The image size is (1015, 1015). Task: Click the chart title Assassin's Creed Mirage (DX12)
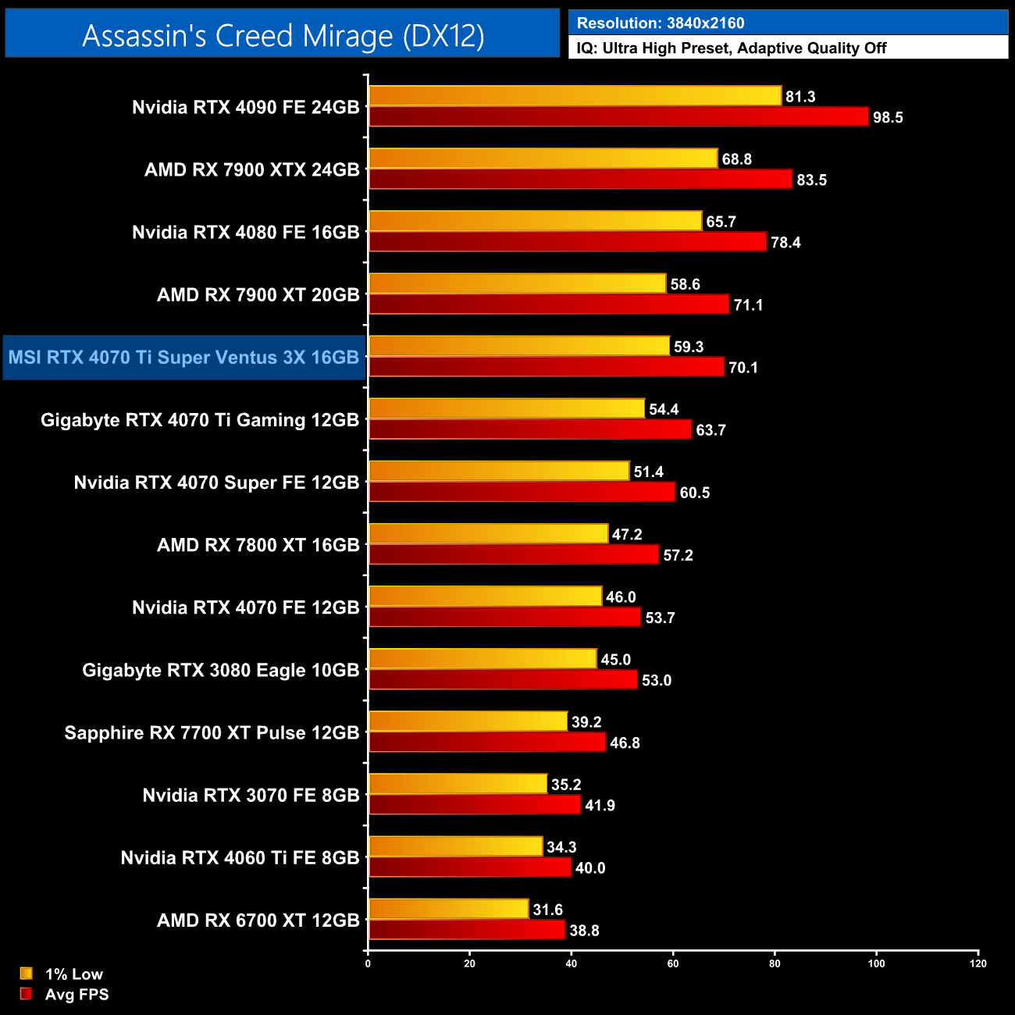click(283, 35)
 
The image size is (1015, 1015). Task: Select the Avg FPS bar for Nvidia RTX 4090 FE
click(618, 117)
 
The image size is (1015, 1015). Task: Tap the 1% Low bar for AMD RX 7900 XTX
click(543, 158)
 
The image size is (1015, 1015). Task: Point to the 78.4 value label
click(785, 243)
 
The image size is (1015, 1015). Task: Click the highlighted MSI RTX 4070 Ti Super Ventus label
click(183, 358)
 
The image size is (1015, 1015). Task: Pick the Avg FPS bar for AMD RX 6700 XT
click(466, 930)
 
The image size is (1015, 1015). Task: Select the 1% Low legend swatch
click(27, 974)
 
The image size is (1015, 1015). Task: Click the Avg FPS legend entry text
click(77, 995)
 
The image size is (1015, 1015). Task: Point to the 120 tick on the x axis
click(978, 963)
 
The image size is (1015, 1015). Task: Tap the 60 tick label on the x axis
click(673, 963)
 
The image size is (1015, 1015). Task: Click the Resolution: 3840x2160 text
click(661, 23)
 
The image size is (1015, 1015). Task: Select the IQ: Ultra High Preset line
click(731, 48)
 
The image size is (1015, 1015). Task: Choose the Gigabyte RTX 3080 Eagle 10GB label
click(221, 671)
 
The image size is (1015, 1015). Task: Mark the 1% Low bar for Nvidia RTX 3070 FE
click(458, 784)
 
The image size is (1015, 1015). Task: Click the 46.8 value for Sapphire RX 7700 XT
click(625, 743)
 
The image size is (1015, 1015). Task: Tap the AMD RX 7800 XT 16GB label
click(258, 545)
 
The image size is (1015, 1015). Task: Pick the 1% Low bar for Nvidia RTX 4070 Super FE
click(499, 471)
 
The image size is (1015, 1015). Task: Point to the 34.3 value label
click(561, 847)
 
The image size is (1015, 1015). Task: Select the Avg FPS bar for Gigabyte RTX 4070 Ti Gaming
click(530, 429)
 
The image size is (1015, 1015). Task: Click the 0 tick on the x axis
click(368, 963)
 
